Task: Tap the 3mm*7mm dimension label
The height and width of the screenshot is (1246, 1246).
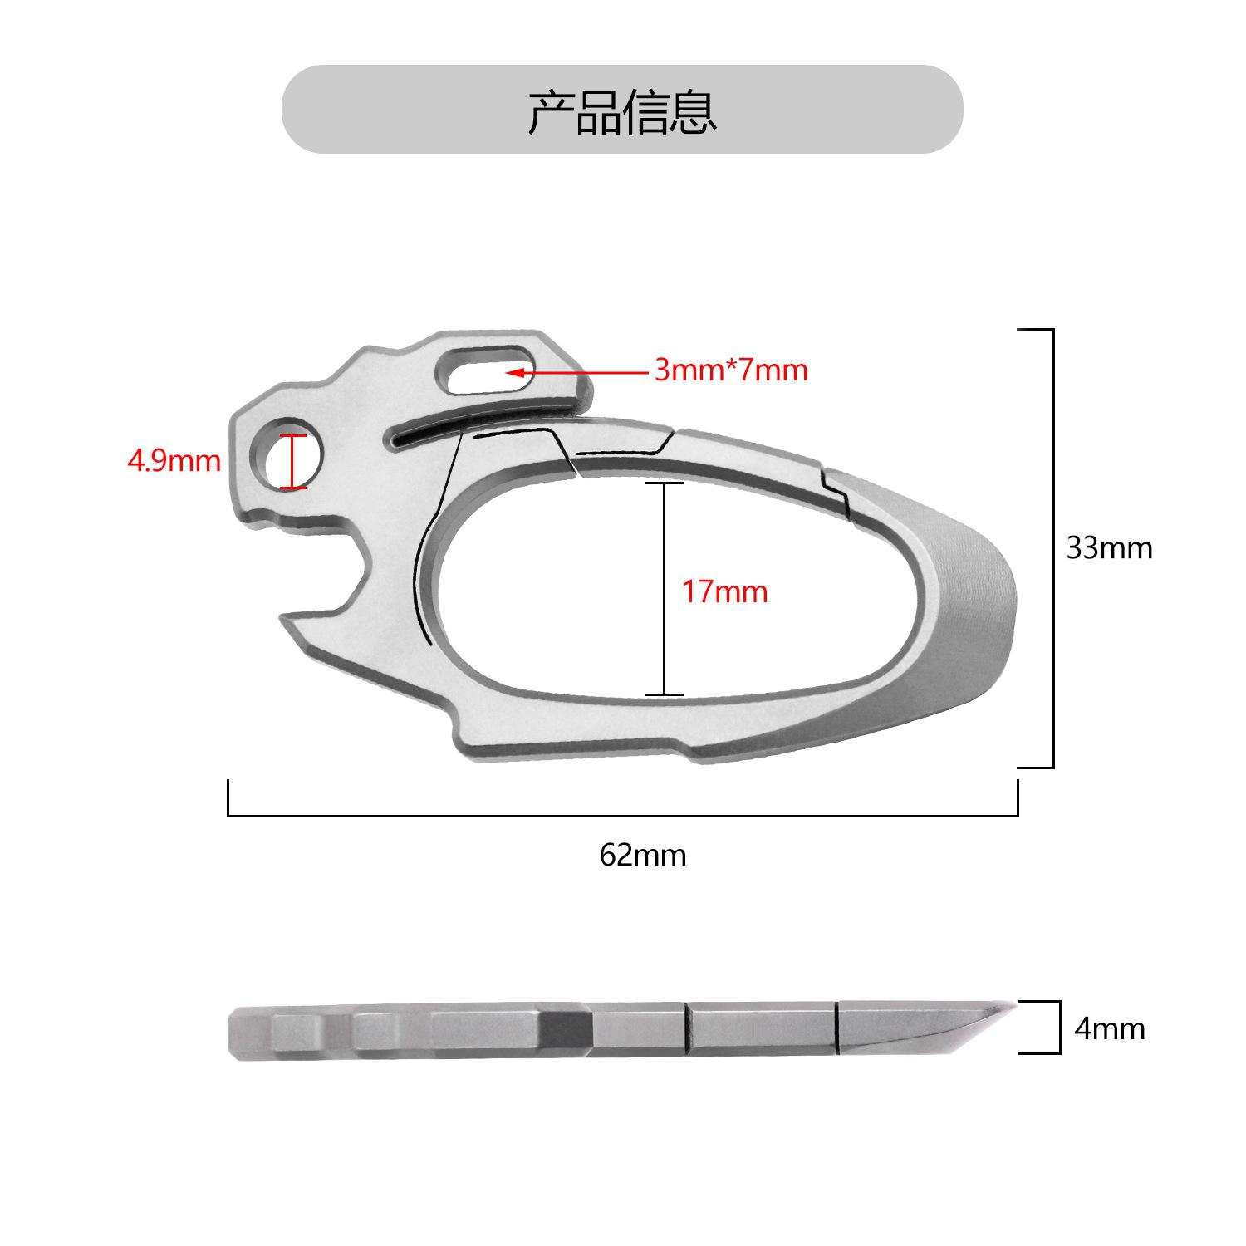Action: point(731,370)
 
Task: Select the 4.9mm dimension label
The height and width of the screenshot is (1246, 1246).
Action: point(174,460)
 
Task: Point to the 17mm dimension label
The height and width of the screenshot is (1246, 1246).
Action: point(724,592)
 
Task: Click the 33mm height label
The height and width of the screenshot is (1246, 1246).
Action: point(1110,548)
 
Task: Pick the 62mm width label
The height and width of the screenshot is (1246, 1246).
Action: point(643,855)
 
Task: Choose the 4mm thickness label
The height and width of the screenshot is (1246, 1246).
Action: point(1110,1028)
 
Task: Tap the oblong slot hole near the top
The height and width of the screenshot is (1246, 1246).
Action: point(484,369)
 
